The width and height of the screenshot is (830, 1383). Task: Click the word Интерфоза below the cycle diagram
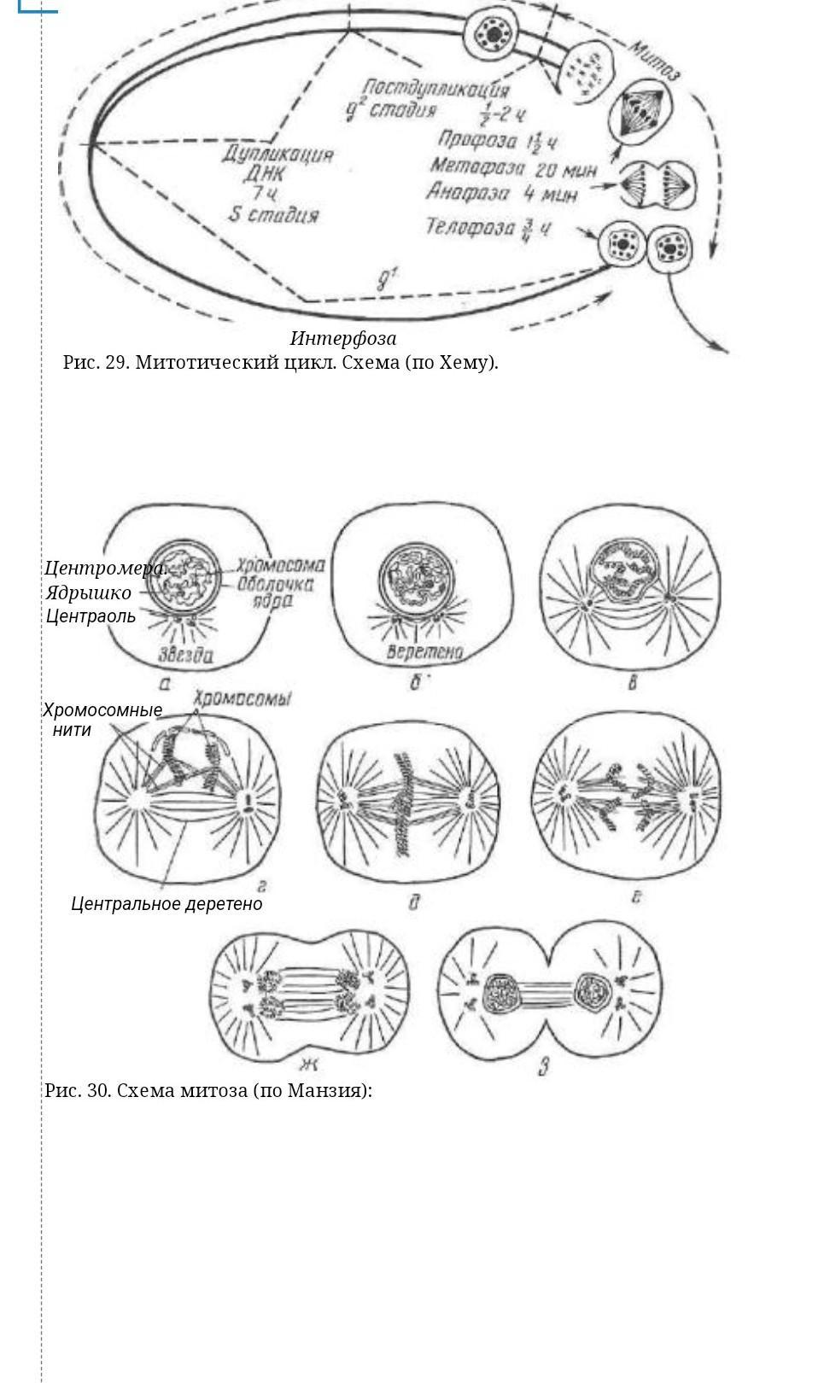[x=343, y=338]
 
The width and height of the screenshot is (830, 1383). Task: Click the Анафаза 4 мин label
[x=502, y=193]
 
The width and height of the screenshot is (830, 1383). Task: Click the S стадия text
[x=273, y=215]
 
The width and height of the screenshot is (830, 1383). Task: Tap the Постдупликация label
[x=435, y=89]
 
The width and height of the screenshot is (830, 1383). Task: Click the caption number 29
[x=115, y=362]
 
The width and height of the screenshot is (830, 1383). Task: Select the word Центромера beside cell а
[x=104, y=568]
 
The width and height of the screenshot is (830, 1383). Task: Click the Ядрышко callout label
[x=89, y=592]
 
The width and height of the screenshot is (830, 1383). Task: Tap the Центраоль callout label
[x=91, y=616]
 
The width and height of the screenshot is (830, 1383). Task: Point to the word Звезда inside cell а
[x=185, y=656]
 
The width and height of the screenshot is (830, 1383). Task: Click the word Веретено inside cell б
[x=424, y=653]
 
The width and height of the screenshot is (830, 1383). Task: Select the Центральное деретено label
[x=167, y=903]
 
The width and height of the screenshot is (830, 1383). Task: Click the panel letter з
[x=543, y=1066]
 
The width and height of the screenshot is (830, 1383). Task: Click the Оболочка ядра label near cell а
[x=275, y=592]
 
